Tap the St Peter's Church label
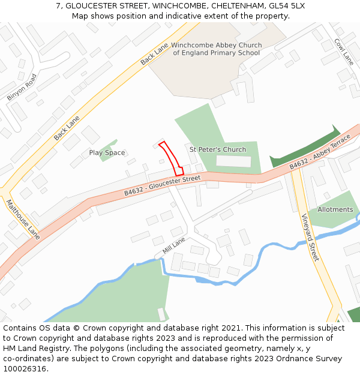(218, 149)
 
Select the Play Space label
(107, 153)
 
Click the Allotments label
(335, 209)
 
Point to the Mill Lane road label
(174, 244)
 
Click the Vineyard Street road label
(308, 237)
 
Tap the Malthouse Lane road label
(23, 219)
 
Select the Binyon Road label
(22, 87)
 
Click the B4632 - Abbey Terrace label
(319, 154)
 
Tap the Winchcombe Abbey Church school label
(216, 49)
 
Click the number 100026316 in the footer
(25, 368)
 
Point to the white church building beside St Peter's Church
(233, 161)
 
